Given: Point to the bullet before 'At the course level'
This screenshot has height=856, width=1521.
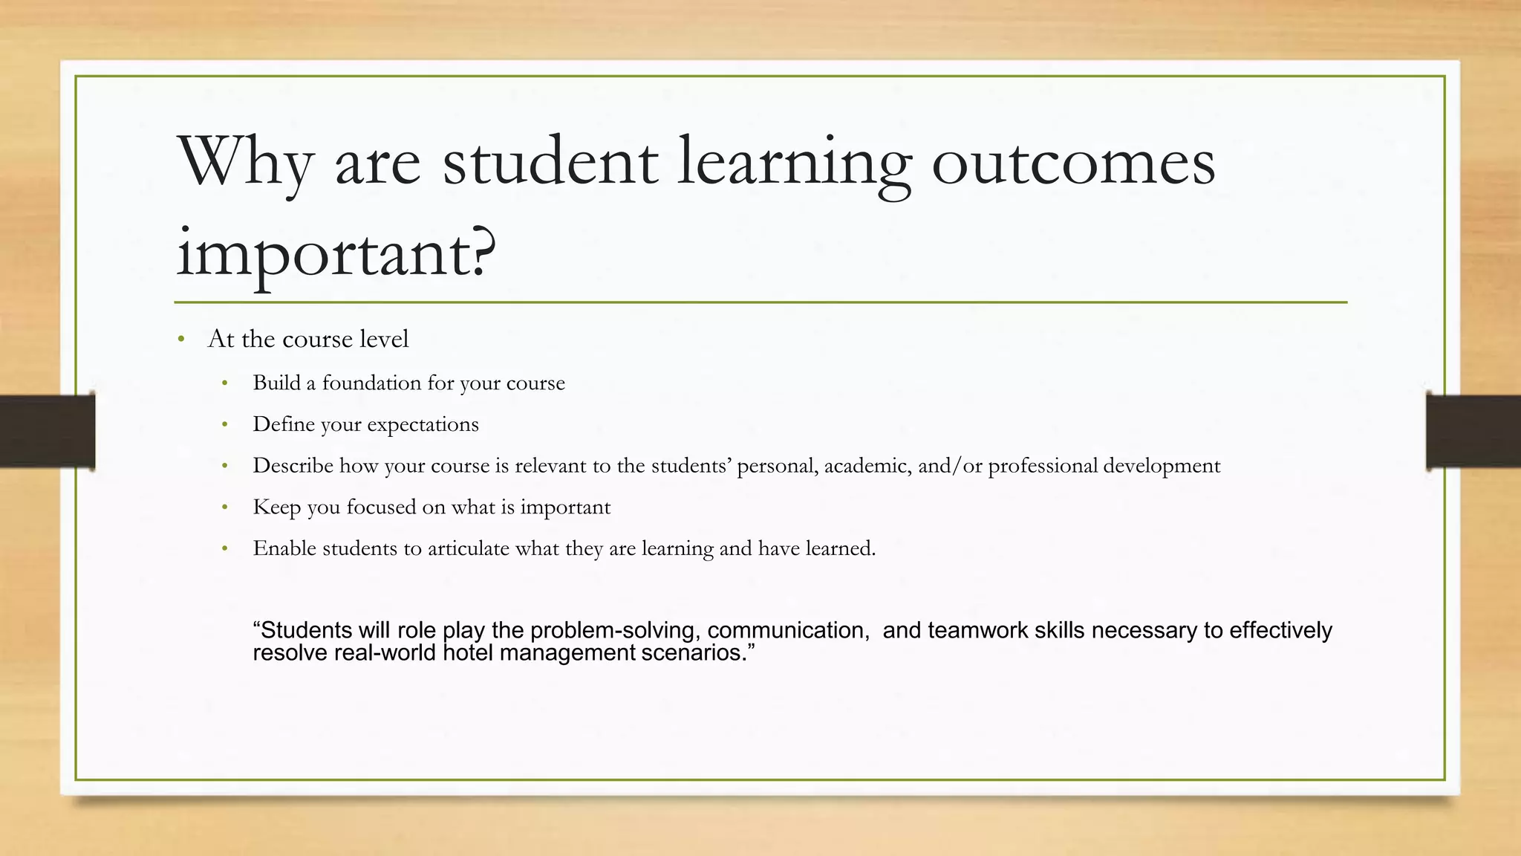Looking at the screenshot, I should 181,340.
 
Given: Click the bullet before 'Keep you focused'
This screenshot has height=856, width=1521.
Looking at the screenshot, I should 225,508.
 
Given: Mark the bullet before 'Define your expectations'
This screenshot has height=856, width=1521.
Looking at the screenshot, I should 225,425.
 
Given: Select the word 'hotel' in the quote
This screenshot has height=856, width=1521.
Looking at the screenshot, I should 467,653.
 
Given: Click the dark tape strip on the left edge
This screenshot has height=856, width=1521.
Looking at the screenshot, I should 47,431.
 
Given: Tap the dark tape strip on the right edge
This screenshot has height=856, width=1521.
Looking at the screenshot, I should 1473,431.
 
